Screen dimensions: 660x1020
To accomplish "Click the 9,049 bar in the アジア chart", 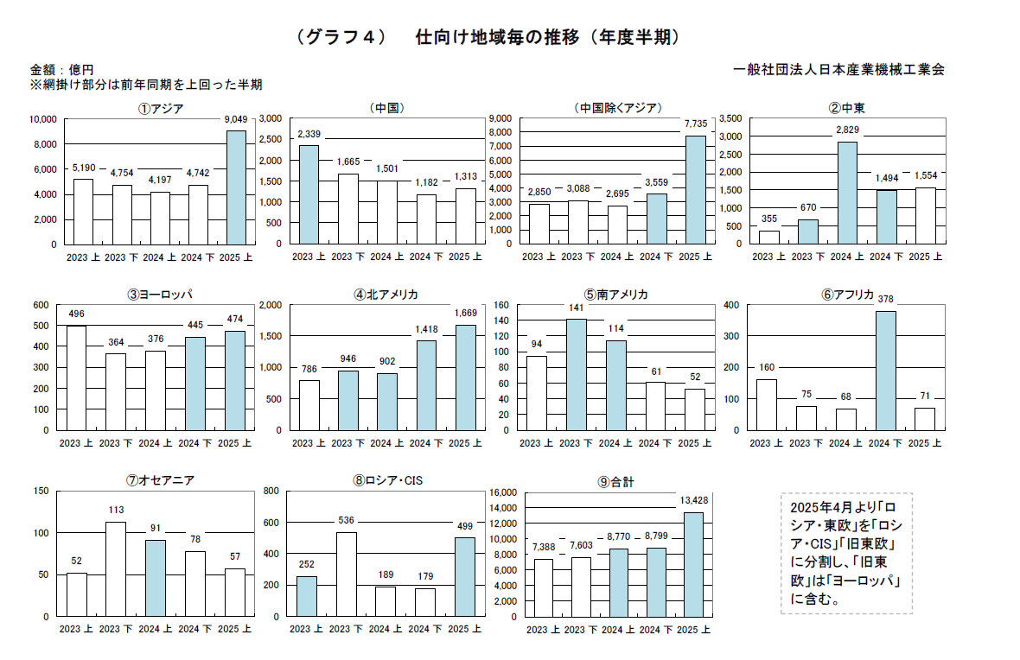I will [x=236, y=187].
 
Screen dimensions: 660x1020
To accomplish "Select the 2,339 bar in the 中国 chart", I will [x=309, y=194].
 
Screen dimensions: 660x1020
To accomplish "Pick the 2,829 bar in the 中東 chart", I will [x=847, y=193].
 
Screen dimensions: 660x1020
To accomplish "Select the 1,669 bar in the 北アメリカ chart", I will [x=466, y=377].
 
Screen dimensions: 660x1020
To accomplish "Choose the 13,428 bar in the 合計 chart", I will [x=693, y=564].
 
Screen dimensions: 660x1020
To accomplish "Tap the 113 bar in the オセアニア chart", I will [x=116, y=569].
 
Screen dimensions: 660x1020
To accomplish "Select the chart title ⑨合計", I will [x=615, y=481].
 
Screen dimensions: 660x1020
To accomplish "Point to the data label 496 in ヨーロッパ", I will [x=77, y=314].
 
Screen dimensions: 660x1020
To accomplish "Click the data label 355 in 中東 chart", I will [x=768, y=219].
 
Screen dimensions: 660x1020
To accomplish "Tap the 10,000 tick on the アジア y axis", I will [x=43, y=119].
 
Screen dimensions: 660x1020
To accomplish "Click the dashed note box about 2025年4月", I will [x=845, y=553].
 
